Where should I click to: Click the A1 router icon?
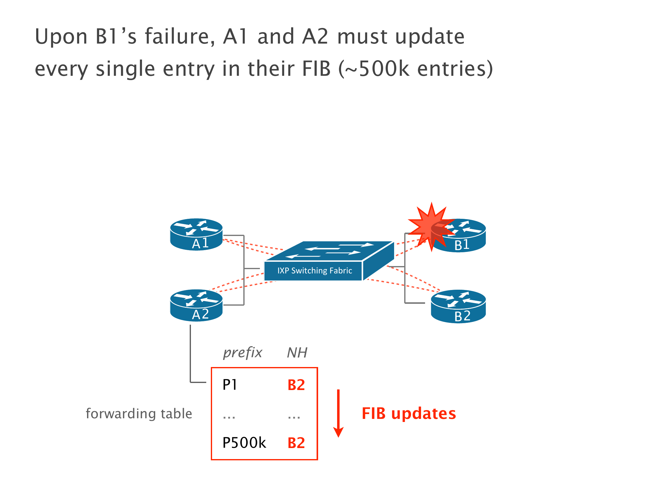point(196,234)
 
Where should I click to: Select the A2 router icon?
point(196,305)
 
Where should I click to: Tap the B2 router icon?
point(458,306)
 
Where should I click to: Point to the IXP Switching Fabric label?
point(314,271)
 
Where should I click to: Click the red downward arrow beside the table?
point(338,413)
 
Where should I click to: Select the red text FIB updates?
point(409,413)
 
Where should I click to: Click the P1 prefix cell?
point(230,385)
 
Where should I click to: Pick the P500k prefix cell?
point(244,443)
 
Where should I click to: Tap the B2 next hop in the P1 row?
point(296,385)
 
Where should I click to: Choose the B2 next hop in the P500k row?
point(296,443)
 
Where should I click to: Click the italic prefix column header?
point(242,353)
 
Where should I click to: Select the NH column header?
point(297,353)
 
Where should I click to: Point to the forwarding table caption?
point(139,413)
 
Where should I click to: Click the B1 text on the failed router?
point(462,245)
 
